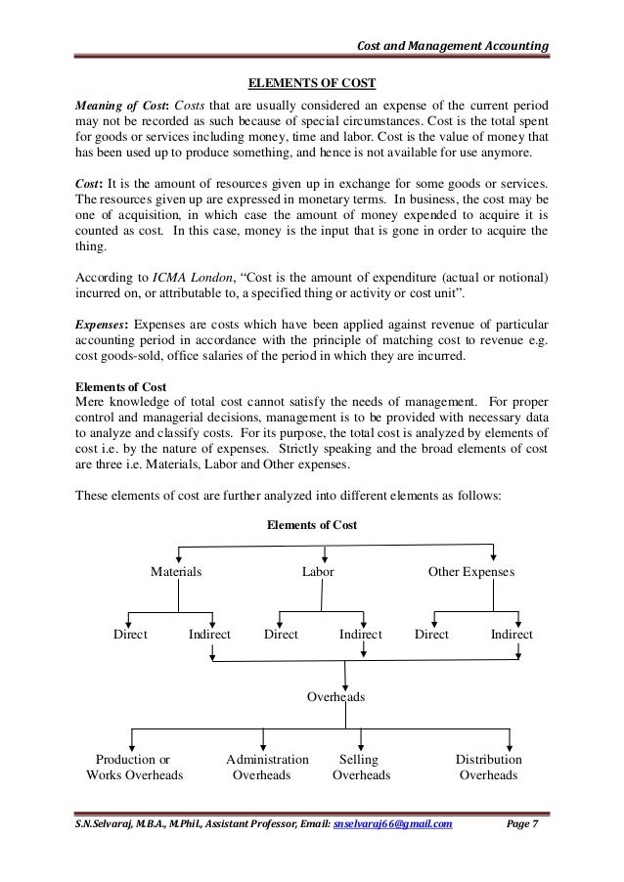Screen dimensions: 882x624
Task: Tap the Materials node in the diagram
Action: (x=176, y=572)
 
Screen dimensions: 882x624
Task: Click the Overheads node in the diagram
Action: (x=336, y=697)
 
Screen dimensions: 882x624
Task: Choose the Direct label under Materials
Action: (x=130, y=635)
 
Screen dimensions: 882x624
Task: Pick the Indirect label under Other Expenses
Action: (x=512, y=635)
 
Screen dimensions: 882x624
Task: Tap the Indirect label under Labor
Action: (x=360, y=635)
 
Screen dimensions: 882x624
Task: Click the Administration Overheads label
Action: (x=267, y=768)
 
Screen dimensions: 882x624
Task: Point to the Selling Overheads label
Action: (x=361, y=768)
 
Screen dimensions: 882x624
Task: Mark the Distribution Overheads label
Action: (x=488, y=768)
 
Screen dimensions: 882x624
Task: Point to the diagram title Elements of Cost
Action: (x=312, y=525)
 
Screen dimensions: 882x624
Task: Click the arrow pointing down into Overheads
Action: (x=348, y=677)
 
